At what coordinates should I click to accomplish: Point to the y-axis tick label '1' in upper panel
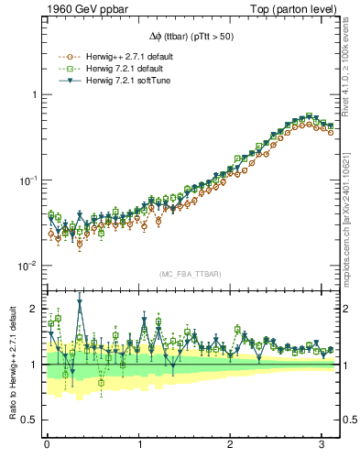click(x=34, y=94)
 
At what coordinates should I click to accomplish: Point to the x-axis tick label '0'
click(x=47, y=444)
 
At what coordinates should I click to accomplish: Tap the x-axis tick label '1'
click(x=139, y=444)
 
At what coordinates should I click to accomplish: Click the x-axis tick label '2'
click(x=232, y=444)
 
